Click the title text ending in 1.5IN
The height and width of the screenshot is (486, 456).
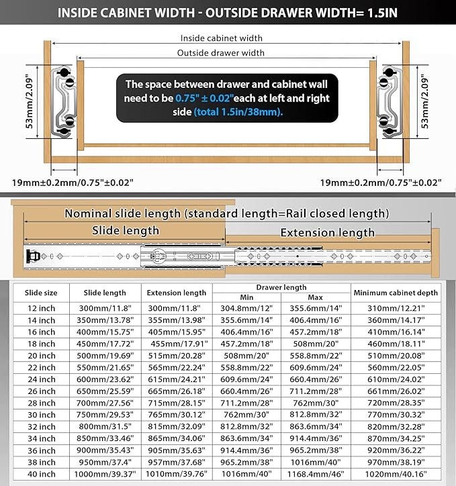pos(228,12)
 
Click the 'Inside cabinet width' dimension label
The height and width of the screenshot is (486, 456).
pos(221,38)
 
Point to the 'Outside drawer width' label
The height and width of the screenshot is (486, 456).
pos(221,53)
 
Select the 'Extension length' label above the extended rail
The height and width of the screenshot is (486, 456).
pos(327,233)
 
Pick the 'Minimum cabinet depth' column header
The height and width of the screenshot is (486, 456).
pos(396,293)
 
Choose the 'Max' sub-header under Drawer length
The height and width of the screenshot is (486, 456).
pos(316,297)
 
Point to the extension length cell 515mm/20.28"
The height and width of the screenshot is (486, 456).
pos(177,356)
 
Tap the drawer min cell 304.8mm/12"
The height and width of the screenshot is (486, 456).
pos(246,307)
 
